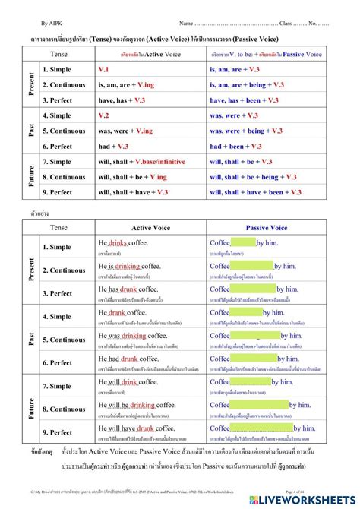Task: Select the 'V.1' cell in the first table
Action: [105, 68]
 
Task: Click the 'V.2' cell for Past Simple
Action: [105, 115]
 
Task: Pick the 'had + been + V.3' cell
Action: [240, 146]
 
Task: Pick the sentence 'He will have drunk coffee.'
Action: [137, 428]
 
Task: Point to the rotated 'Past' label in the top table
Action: [31, 131]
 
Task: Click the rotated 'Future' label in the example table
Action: [31, 405]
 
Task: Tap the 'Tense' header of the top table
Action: [58, 53]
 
